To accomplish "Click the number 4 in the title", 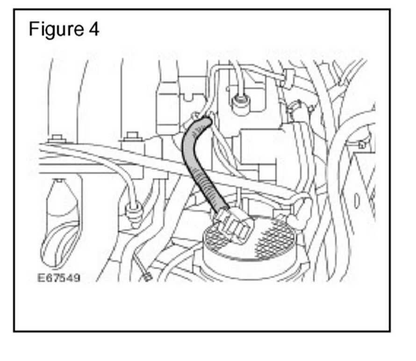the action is tap(93, 29).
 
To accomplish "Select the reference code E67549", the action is tap(59, 278).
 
